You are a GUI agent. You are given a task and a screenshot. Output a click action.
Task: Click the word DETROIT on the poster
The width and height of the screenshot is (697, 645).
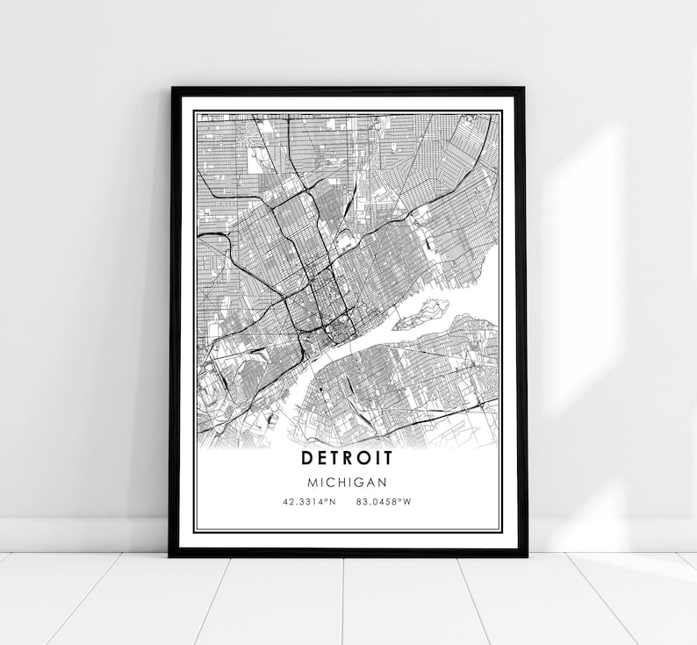(x=347, y=458)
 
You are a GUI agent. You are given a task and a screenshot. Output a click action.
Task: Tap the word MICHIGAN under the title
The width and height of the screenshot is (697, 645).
(x=347, y=482)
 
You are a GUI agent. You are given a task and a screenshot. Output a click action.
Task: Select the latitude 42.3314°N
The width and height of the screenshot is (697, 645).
(x=310, y=502)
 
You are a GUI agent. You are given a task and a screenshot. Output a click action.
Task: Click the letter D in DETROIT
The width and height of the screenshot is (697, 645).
(x=307, y=458)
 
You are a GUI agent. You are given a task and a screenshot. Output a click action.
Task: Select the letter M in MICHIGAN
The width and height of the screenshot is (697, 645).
(x=313, y=482)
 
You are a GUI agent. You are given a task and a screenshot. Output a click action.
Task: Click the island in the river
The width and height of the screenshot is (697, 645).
(x=421, y=314)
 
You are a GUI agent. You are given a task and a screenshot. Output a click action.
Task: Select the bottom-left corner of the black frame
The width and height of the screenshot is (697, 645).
(x=170, y=555)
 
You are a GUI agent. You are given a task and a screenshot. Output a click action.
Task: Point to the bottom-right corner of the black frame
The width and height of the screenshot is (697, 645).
(x=526, y=555)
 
